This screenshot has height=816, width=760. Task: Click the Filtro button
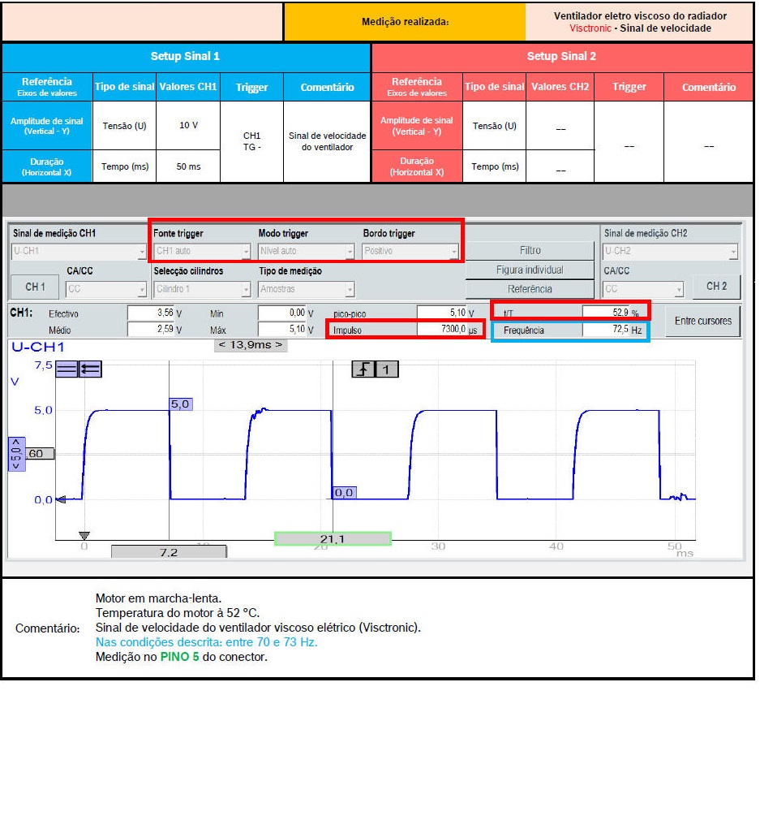click(530, 251)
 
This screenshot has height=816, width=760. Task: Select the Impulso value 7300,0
click(442, 330)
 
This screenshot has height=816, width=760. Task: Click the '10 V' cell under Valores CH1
click(188, 126)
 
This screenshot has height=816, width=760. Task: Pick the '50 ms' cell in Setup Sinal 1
click(188, 166)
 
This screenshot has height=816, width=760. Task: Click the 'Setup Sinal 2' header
click(561, 57)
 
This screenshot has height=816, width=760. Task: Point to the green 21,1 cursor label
click(333, 539)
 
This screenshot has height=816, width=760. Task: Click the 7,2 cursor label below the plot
click(169, 552)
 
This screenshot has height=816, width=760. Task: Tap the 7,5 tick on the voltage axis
click(43, 366)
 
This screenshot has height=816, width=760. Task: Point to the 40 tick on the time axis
click(556, 546)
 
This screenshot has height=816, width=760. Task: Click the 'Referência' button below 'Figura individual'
click(530, 289)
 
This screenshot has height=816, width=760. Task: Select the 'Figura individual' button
click(530, 270)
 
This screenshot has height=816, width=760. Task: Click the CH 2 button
click(716, 286)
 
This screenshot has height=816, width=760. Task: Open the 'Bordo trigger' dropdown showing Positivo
click(410, 252)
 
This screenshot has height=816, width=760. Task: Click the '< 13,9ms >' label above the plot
click(251, 345)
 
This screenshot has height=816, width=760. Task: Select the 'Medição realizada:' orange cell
click(404, 22)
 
